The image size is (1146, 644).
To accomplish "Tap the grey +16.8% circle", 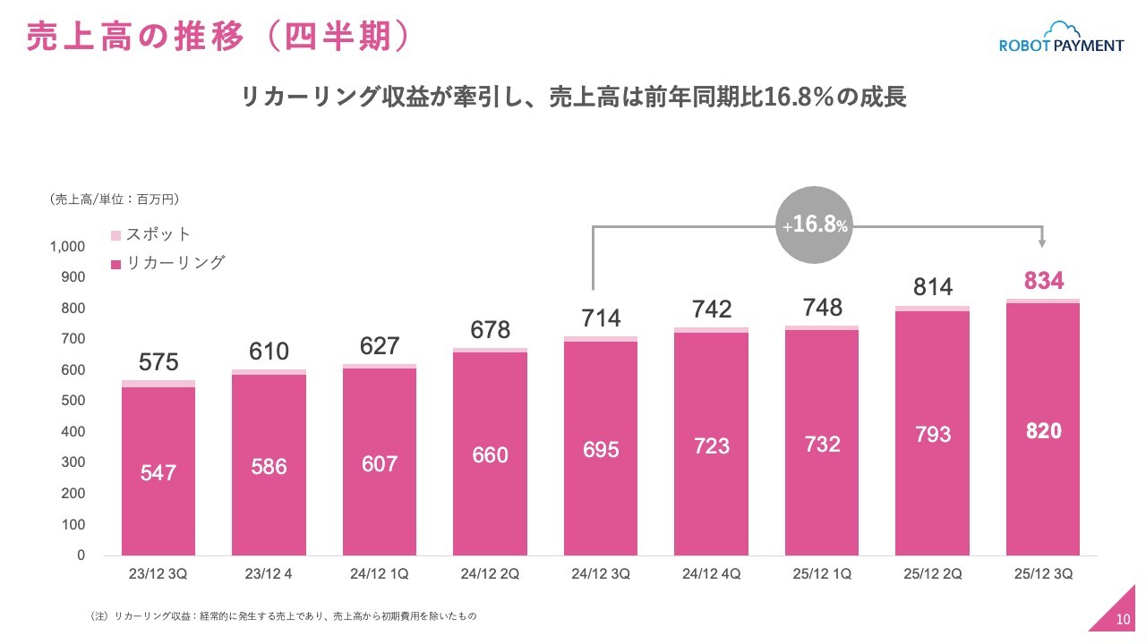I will (814, 225).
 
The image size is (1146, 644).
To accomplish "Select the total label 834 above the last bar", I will (1044, 281).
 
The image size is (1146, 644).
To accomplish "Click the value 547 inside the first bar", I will (158, 473).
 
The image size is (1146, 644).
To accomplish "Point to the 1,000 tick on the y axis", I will (67, 247).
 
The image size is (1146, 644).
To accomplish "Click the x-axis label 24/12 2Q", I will (490, 574).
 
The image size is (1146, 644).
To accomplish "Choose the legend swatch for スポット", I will (115, 235).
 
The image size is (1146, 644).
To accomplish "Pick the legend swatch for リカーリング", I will (115, 265).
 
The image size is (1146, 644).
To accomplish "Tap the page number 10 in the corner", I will (1124, 620).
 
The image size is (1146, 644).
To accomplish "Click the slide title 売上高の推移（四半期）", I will (218, 37).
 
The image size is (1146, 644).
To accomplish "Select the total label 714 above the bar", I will (601, 318).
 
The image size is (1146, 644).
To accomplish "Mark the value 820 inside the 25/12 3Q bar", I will (1044, 431).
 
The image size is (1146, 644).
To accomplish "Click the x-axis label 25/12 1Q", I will (822, 574).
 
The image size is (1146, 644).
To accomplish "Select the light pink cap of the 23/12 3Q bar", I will (158, 384).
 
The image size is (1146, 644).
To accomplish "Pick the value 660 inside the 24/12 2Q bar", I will (490, 455).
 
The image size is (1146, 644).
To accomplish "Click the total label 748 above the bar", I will (822, 308).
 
